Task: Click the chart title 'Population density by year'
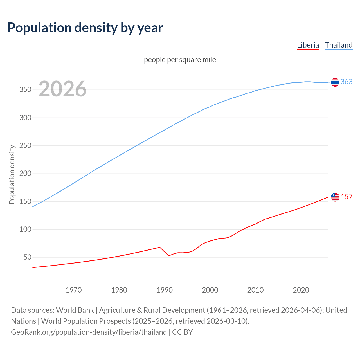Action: pyautogui.click(x=85, y=28)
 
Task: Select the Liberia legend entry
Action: pyautogui.click(x=308, y=45)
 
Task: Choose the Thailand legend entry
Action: pyautogui.click(x=339, y=45)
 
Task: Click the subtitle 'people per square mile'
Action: pyautogui.click(x=180, y=60)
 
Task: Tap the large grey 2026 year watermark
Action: pyautogui.click(x=62, y=89)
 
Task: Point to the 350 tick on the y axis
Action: pyautogui.click(x=25, y=90)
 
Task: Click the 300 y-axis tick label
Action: pyautogui.click(x=25, y=118)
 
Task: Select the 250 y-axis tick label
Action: pyautogui.click(x=25, y=146)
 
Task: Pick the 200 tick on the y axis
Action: pyautogui.click(x=25, y=174)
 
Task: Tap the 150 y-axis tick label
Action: pyautogui.click(x=25, y=201)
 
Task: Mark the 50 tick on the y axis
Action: pyautogui.click(x=27, y=257)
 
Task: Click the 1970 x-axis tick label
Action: pyautogui.click(x=74, y=290)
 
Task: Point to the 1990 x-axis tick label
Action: pyautogui.click(x=165, y=290)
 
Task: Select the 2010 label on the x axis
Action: pyautogui.click(x=255, y=290)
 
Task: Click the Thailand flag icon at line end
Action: pyautogui.click(x=335, y=82)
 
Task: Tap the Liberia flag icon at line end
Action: pyautogui.click(x=335, y=197)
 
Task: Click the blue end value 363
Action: pyautogui.click(x=346, y=82)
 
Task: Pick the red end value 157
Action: pyautogui.click(x=346, y=197)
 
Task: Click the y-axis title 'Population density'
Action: pyautogui.click(x=12, y=174)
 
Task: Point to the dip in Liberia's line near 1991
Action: pyautogui.click(x=169, y=255)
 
